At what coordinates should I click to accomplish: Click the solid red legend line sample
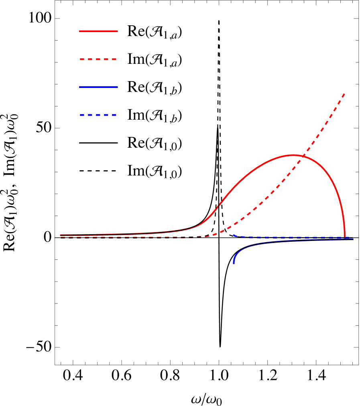pos(98,31)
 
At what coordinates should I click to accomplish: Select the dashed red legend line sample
pos(98,59)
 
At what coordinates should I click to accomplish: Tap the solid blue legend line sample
pos(98,87)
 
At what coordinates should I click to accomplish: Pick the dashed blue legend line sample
pos(98,115)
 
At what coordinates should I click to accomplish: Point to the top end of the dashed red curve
pos(344,94)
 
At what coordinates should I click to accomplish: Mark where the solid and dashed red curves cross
pos(303,156)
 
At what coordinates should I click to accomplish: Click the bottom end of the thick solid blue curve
pos(234,263)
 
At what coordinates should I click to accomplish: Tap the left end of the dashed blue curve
pos(234,235)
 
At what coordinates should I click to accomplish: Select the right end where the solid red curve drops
pos(345,237)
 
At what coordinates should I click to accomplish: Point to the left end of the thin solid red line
pos(60,235)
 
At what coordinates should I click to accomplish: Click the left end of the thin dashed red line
pos(61,238)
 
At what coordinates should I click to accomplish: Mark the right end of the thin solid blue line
pos(353,239)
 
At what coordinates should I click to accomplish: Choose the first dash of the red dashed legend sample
pos(82,59)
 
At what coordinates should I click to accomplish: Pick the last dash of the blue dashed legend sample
pos(114,115)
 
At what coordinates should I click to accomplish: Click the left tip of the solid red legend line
pos(80,31)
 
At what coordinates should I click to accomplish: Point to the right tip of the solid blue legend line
pos(117,87)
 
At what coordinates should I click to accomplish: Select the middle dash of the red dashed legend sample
pos(98,59)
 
